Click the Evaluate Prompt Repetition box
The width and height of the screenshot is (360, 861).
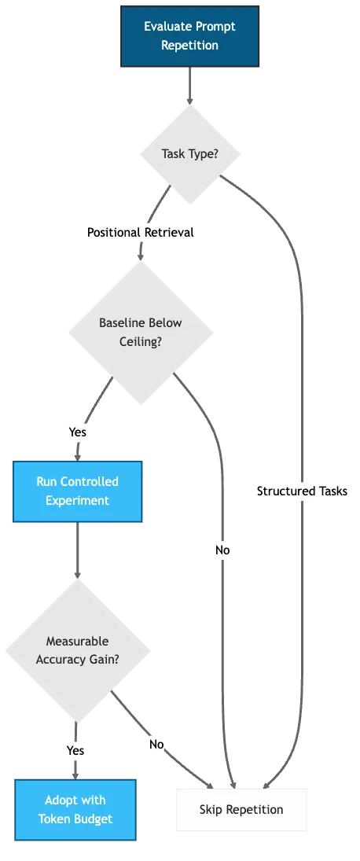pyautogui.click(x=189, y=36)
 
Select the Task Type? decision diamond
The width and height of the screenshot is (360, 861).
pyautogui.click(x=189, y=153)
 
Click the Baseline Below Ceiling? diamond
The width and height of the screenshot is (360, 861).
pyautogui.click(x=141, y=332)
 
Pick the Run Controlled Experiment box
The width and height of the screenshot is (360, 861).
pyautogui.click(x=77, y=491)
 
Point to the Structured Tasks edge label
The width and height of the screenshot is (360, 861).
pyautogui.click(x=302, y=491)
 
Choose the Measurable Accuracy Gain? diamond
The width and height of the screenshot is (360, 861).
pyautogui.click(x=77, y=650)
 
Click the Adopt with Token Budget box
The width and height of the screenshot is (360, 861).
pyautogui.click(x=75, y=809)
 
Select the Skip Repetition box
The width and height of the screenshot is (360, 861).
pyautogui.click(x=241, y=809)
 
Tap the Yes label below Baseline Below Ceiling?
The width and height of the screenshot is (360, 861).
pyautogui.click(x=77, y=432)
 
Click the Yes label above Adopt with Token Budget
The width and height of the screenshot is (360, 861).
pyautogui.click(x=75, y=750)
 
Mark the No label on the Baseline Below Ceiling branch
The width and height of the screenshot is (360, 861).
pyautogui.click(x=223, y=550)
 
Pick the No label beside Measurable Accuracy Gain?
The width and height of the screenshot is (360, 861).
pyautogui.click(x=156, y=744)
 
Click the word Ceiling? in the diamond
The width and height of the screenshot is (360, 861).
pyautogui.click(x=141, y=341)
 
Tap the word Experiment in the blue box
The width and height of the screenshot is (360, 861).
pyautogui.click(x=77, y=501)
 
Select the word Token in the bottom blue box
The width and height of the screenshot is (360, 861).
pyautogui.click(x=54, y=819)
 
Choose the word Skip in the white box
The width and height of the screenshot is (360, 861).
pyautogui.click(x=211, y=809)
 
